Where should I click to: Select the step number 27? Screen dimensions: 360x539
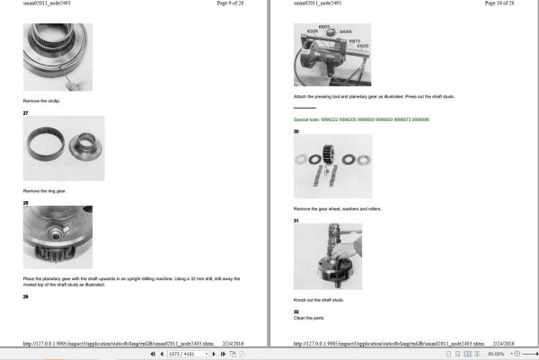[x=26, y=112]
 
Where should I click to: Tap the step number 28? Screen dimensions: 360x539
[x=26, y=203]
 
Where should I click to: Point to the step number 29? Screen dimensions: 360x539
[x=26, y=295]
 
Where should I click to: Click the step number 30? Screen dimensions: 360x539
[x=296, y=131]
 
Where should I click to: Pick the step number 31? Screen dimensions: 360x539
[x=296, y=220]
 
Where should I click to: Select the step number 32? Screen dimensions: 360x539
[x=296, y=312]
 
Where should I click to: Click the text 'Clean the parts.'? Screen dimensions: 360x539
[x=307, y=318]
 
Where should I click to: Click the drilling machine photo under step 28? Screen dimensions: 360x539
[x=57, y=237]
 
